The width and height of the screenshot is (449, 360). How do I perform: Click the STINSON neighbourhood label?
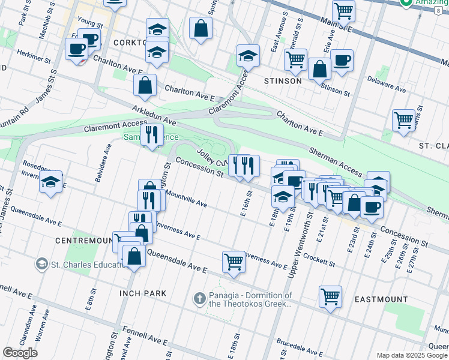(283, 80)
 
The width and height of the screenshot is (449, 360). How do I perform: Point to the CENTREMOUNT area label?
(84, 240)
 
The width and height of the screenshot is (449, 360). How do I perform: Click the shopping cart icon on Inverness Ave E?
(234, 261)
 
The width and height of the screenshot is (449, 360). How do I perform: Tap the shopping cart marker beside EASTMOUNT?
(330, 296)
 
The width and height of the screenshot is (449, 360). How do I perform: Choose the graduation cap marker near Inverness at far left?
(51, 182)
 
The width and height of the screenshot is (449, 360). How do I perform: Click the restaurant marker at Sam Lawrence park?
(152, 134)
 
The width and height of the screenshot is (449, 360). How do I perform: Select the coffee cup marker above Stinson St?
(342, 61)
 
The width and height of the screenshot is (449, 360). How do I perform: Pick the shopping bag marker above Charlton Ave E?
(145, 85)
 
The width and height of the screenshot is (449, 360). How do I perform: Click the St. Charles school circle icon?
(41, 264)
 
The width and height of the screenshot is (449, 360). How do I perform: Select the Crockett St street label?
(318, 260)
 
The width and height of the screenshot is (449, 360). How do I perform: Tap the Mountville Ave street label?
(186, 200)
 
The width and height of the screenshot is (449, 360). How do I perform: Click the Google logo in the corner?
(20, 353)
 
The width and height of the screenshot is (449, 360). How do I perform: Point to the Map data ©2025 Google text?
(411, 355)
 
